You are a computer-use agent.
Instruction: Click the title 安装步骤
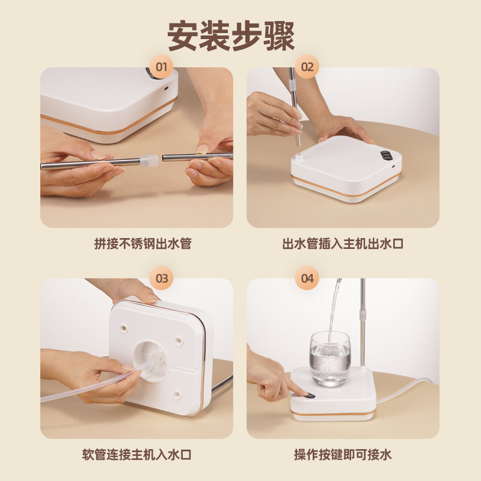231,37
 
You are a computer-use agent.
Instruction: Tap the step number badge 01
161,67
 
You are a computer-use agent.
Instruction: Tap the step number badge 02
307,67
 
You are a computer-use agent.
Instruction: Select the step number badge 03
161,278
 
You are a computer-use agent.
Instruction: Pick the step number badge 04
307,278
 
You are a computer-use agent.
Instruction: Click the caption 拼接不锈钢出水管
137,244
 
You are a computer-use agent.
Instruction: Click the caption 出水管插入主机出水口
343,244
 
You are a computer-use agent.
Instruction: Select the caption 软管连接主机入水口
137,455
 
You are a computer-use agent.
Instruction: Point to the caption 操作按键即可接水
343,455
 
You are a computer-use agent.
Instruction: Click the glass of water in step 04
330,360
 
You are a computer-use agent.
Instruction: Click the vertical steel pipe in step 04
363,325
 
